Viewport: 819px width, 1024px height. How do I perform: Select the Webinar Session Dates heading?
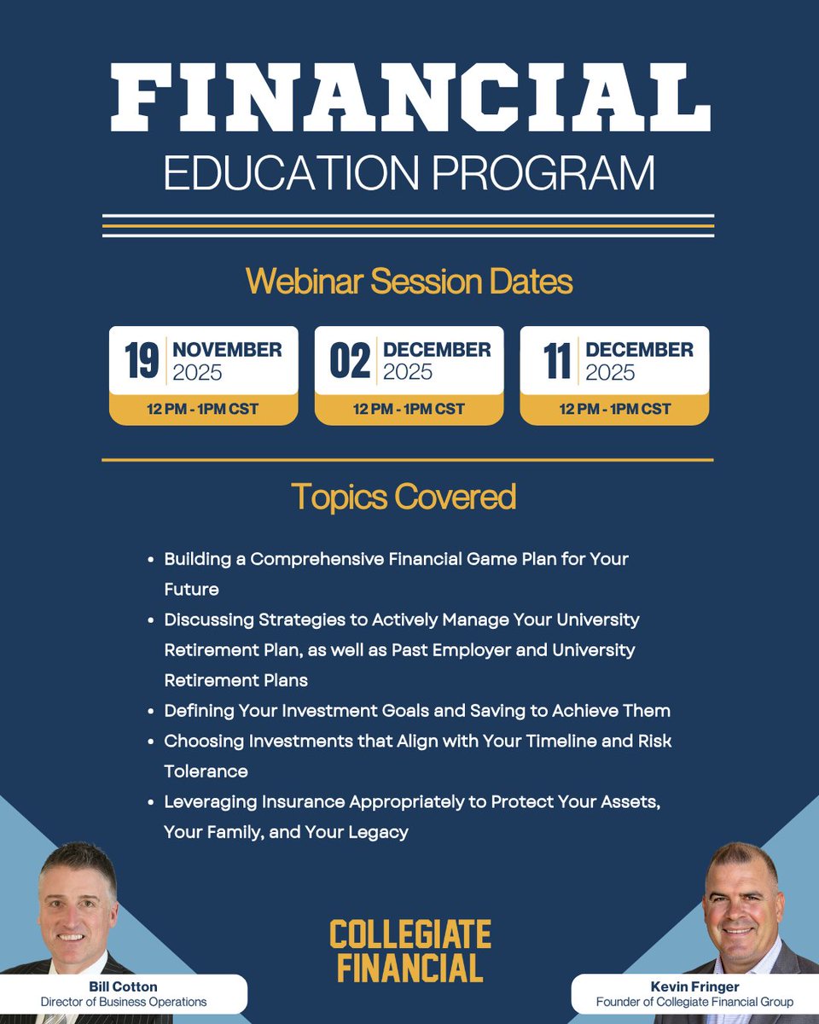point(409,282)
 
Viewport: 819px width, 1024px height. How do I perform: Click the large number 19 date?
point(142,362)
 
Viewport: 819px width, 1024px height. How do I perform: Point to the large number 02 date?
point(350,362)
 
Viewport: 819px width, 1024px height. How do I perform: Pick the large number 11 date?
point(557,362)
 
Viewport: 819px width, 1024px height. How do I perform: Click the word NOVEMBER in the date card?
point(227,350)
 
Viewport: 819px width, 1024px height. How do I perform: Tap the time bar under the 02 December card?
point(409,410)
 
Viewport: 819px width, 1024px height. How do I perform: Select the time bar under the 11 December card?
point(614,410)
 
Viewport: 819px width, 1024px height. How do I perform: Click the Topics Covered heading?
point(404,497)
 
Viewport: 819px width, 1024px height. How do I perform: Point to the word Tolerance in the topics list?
point(206,771)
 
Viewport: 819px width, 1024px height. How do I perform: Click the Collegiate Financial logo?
point(409,951)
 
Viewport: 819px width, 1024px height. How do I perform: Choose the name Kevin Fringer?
point(694,986)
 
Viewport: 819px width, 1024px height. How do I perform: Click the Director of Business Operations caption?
point(125,1002)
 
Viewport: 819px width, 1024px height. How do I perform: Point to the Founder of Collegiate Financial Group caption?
point(694,1002)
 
